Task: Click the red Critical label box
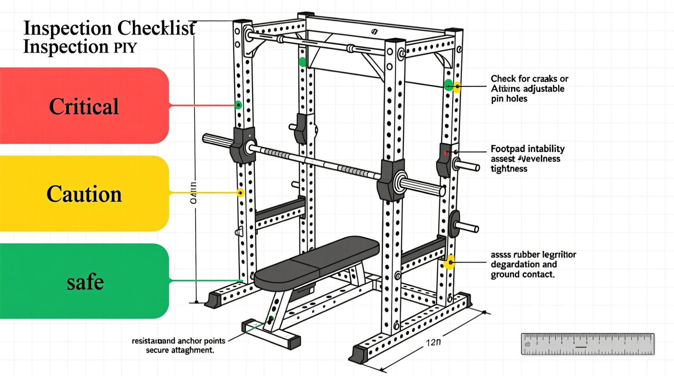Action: (84, 106)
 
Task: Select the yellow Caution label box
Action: (84, 194)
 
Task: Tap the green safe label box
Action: (84, 281)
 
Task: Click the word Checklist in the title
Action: (156, 28)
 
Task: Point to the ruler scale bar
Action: (587, 344)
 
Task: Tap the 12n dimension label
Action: (433, 343)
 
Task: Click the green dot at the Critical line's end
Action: (238, 105)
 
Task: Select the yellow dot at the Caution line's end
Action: (241, 192)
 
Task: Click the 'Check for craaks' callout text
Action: (529, 88)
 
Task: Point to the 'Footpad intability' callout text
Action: (527, 158)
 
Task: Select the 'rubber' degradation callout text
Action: (533, 264)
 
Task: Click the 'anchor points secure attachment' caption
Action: (179, 345)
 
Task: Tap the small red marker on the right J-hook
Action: (446, 153)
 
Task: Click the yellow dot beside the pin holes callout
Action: (457, 86)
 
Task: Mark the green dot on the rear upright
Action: (302, 62)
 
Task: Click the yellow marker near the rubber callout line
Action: (449, 263)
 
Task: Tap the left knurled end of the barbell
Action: (218, 141)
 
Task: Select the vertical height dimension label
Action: (194, 192)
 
